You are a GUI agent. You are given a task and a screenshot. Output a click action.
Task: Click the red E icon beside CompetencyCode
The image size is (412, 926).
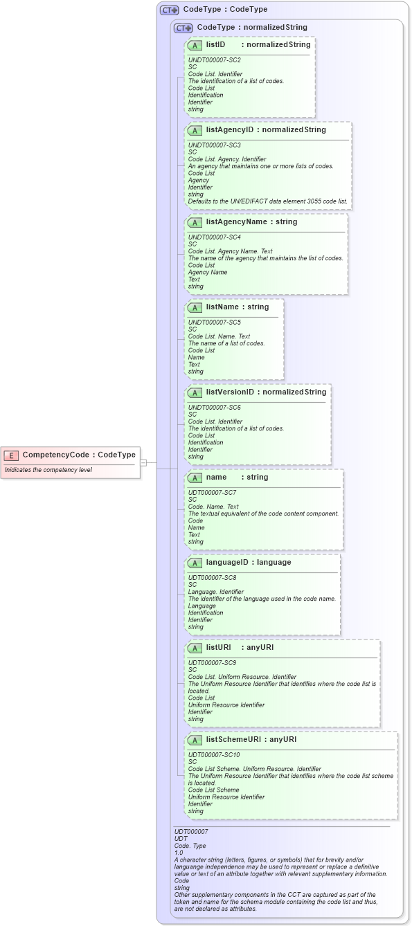11,455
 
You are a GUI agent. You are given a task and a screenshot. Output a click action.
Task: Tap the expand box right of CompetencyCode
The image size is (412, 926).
143,462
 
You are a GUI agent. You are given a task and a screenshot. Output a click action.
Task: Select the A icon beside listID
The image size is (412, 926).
195,45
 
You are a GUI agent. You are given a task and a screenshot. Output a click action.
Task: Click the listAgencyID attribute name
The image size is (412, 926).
230,130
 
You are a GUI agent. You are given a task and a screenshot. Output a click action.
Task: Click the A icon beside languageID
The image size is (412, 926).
195,563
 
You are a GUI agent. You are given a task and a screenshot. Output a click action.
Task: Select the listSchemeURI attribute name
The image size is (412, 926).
235,740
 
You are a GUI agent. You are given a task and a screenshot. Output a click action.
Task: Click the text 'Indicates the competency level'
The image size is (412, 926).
48,470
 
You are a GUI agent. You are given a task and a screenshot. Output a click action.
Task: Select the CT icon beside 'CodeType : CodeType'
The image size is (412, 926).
169,10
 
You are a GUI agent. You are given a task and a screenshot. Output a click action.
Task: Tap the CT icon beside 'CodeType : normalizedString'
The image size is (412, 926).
183,28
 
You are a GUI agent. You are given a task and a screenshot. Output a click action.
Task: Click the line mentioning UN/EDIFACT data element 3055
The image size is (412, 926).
267,201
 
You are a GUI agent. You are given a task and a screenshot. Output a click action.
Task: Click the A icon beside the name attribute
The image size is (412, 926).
195,478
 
